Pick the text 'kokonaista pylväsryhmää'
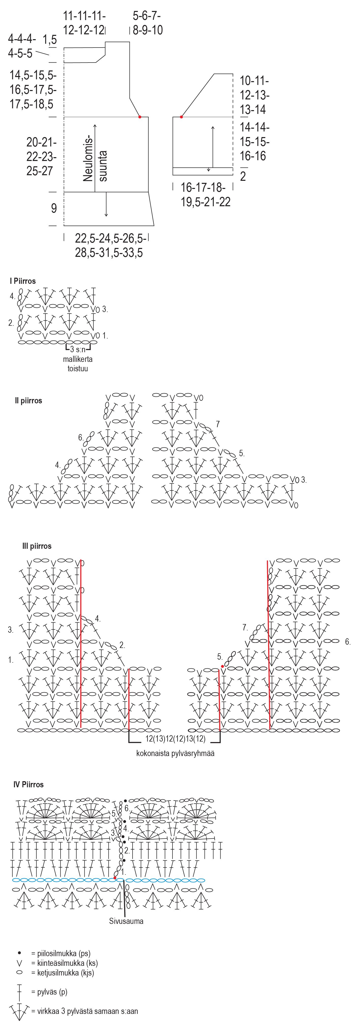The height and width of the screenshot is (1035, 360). click(x=175, y=753)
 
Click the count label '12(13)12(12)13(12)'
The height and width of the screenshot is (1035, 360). click(x=175, y=739)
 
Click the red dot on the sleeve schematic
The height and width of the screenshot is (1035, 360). click(x=181, y=117)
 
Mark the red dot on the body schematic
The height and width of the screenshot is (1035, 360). click(x=140, y=117)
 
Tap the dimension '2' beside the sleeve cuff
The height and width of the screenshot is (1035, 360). click(x=243, y=176)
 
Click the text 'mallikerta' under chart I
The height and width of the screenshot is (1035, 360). click(x=78, y=359)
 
